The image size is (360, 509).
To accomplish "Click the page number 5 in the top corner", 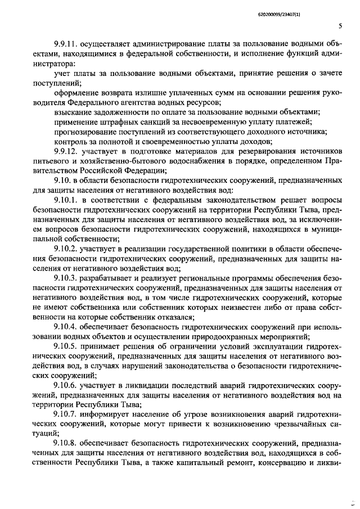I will coord(340,25).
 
